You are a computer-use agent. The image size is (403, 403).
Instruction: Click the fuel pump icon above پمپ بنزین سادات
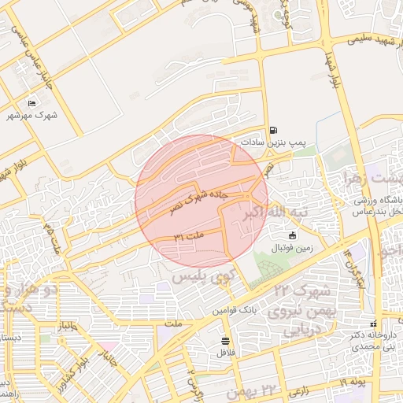273,131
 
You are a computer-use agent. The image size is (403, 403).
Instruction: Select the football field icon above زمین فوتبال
292,235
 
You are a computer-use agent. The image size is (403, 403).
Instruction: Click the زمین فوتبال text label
292,248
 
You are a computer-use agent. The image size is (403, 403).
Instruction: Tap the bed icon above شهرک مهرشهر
32,103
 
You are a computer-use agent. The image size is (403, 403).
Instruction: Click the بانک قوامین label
235,310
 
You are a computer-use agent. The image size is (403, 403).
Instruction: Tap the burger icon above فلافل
227,341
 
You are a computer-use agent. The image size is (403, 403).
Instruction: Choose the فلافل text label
227,353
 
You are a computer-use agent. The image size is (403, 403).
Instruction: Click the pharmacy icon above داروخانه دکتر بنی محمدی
373,323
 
